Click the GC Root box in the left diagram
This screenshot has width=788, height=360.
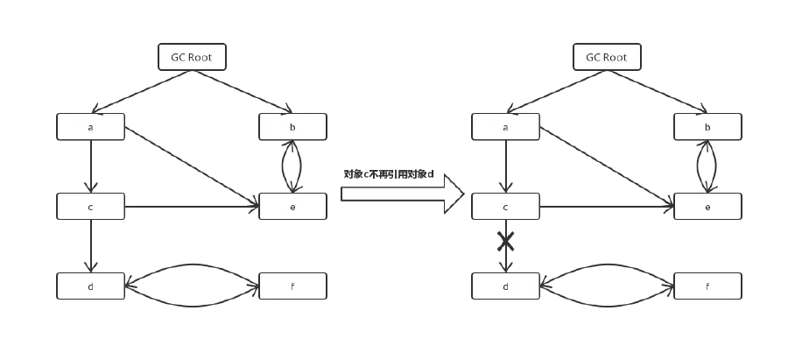pyautogui.click(x=192, y=57)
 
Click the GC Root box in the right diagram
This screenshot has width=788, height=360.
pyautogui.click(x=607, y=57)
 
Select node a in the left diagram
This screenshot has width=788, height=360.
pyautogui.click(x=90, y=127)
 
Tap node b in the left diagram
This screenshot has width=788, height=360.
pyautogui.click(x=293, y=127)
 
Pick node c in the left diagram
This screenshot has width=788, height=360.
pyautogui.click(x=90, y=206)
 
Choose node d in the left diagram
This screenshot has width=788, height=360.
pyautogui.click(x=90, y=286)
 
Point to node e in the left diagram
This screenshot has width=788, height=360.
pyautogui.click(x=293, y=206)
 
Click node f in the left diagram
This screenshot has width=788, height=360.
pyautogui.click(x=293, y=286)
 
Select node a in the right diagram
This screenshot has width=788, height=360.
pyautogui.click(x=505, y=127)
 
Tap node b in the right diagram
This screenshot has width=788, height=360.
pyautogui.click(x=707, y=127)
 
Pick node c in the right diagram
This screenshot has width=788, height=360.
pyautogui.click(x=505, y=206)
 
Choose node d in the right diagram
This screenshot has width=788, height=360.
pyautogui.click(x=505, y=286)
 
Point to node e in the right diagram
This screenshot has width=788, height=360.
pyautogui.click(x=707, y=206)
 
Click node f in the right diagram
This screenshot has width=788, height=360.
pyautogui.click(x=707, y=286)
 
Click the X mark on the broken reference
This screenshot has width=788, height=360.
pyautogui.click(x=505, y=241)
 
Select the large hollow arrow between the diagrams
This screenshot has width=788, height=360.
pyautogui.click(x=402, y=194)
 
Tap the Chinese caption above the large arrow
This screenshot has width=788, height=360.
pyautogui.click(x=389, y=174)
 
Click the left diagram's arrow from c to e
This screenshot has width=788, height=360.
pyautogui.click(x=192, y=206)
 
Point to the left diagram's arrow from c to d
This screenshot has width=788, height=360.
pyautogui.click(x=90, y=246)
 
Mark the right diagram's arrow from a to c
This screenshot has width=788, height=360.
pyautogui.click(x=505, y=166)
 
